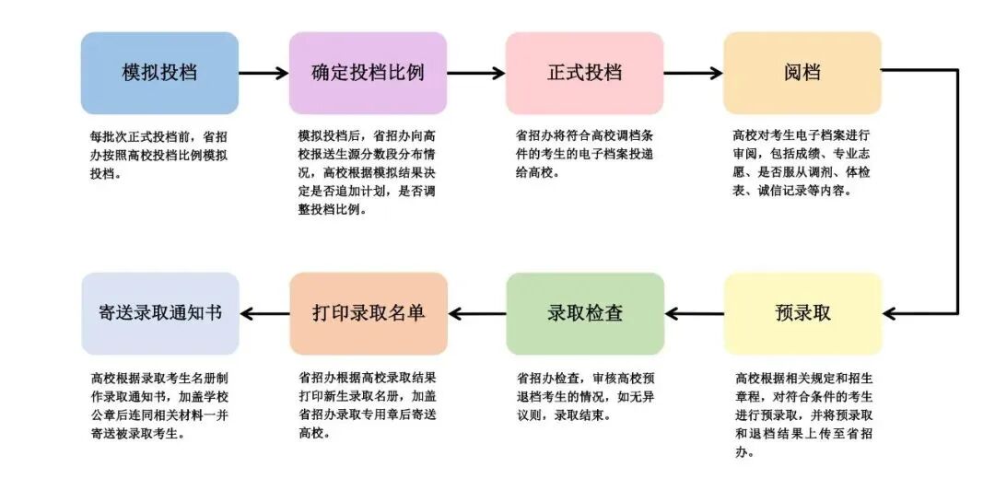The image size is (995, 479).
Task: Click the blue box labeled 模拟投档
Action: click(159, 73)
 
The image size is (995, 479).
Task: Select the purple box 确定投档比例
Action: click(368, 73)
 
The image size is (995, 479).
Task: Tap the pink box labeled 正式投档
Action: click(584, 73)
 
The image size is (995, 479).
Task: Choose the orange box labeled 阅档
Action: click(802, 73)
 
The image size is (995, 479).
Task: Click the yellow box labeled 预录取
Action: click(802, 313)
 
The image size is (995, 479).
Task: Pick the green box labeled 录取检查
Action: click(585, 313)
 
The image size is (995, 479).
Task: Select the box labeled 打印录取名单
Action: click(368, 313)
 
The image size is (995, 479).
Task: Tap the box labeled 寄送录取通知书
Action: click(159, 313)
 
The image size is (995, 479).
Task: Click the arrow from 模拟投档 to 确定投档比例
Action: click(263, 73)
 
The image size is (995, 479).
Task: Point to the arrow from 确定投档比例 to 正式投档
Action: click(475, 73)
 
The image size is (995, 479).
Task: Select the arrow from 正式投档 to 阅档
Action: click(693, 73)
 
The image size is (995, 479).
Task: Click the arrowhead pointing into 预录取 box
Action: click(892, 313)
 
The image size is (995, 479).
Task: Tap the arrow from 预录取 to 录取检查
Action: click(694, 313)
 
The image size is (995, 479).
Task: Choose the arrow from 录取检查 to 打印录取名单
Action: click(476, 313)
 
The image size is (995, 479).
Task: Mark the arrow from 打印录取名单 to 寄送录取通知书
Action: click(264, 313)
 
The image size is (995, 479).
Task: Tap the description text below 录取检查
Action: click(585, 396)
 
